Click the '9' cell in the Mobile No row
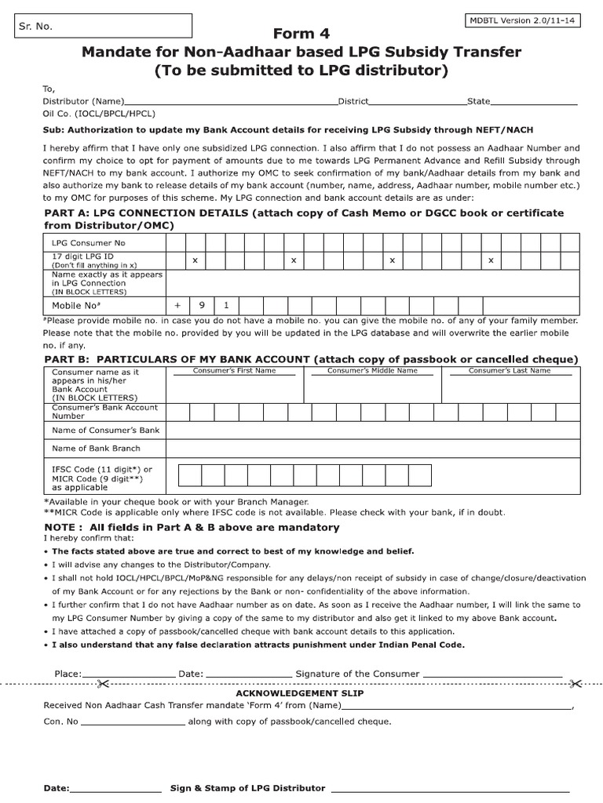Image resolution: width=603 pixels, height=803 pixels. tap(202, 305)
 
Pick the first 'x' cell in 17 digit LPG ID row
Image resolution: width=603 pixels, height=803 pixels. tap(195, 260)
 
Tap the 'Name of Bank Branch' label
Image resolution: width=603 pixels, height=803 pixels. tap(96, 449)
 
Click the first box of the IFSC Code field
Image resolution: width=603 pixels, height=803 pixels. tap(190, 475)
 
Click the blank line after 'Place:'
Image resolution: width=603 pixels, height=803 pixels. tap(128, 674)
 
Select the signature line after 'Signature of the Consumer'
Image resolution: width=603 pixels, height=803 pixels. tap(492, 674)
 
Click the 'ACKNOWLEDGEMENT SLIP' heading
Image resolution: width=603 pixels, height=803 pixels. tap(300, 693)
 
